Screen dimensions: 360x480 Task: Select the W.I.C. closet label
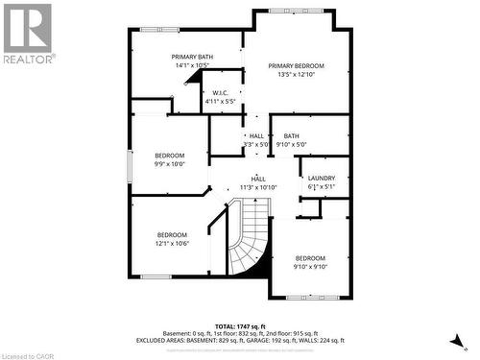[x=221, y=92]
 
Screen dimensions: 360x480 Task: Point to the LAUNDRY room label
[x=321, y=179]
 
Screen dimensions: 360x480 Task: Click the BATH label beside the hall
[x=291, y=136]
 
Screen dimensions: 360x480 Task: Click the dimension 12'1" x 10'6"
[x=173, y=243]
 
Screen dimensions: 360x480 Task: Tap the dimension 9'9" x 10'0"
[x=170, y=163]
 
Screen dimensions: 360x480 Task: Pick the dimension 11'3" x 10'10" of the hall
[x=258, y=187]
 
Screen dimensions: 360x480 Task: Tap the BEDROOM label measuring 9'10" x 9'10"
[x=310, y=258]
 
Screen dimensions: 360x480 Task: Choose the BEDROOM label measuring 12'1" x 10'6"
[x=173, y=234]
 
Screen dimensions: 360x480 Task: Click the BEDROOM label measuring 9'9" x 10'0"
[x=170, y=155]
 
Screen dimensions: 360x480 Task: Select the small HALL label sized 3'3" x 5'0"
[x=256, y=136]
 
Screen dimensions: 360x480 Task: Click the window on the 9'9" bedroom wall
[x=132, y=164]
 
